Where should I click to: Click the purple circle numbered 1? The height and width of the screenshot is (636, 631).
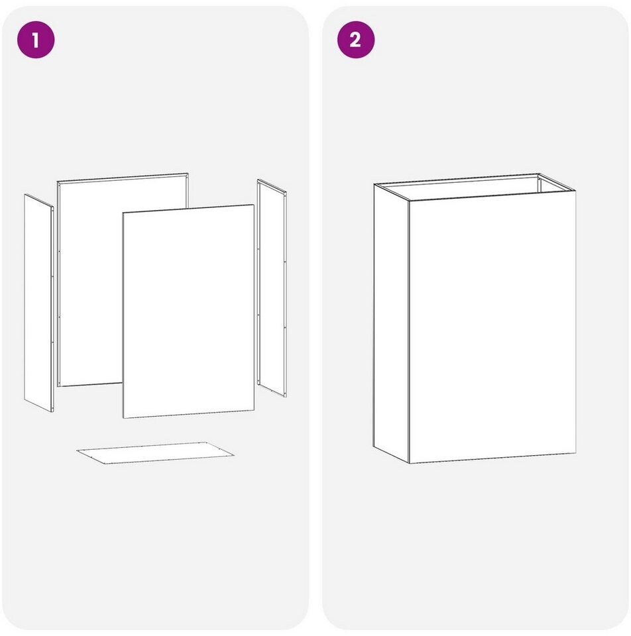coord(36,40)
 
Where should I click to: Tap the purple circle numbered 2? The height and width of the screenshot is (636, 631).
coord(356,40)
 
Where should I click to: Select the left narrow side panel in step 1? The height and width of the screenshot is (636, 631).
coord(39,303)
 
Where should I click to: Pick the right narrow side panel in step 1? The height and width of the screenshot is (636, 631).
coord(272,288)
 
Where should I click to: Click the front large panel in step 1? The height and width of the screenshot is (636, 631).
coord(189,311)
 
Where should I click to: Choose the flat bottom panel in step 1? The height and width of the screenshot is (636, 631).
coord(155,453)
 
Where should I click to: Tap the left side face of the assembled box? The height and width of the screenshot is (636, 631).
coord(391,323)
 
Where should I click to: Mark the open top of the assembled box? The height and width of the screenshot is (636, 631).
coord(475,187)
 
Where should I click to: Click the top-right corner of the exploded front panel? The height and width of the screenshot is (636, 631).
coord(255,205)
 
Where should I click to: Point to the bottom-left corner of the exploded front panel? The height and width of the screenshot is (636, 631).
coord(123,418)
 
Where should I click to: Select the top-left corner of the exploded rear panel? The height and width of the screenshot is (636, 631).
coord(57,182)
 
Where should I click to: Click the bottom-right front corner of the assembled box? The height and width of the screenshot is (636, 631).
coord(576,453)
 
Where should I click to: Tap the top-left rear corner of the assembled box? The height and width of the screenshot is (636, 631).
coord(374,184)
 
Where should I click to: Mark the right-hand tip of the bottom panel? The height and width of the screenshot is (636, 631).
coord(234,456)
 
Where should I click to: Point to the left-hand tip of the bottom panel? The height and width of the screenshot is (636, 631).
coord(77,450)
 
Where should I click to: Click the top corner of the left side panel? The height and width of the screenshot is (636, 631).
coord(25,194)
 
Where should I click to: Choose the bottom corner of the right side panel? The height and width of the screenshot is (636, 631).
coord(286,397)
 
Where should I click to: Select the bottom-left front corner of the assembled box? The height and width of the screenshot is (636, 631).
coord(409,463)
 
